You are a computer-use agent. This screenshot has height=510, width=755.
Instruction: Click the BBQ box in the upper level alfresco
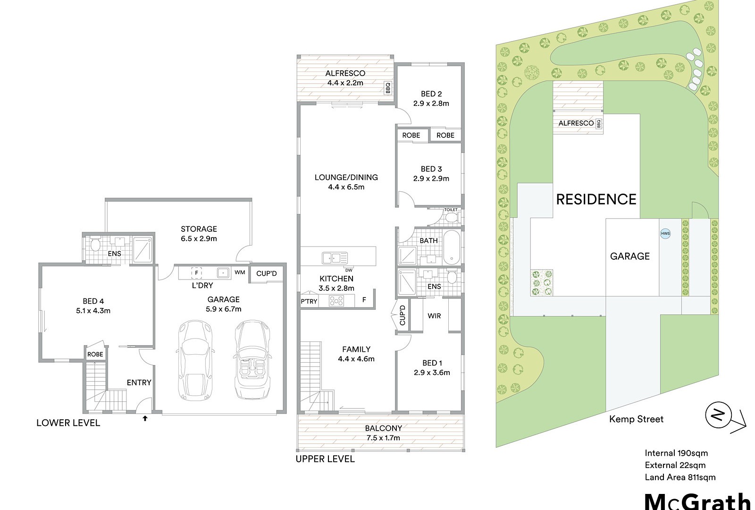[388, 88]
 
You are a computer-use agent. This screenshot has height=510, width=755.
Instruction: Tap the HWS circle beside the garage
[665, 233]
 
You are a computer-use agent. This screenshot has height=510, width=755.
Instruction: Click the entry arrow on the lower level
[145, 418]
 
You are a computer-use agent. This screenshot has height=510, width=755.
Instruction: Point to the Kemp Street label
[637, 419]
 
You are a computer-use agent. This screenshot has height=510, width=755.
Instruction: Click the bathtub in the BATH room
[451, 247]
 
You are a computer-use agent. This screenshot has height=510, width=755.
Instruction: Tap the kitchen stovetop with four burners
[336, 300]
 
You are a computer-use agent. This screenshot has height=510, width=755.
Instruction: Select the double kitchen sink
[335, 258]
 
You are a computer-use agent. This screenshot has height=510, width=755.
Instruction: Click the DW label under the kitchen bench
[349, 270]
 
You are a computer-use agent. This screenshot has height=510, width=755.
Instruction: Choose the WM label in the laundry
[240, 272]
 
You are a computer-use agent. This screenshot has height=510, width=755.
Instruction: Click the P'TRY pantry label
[309, 302]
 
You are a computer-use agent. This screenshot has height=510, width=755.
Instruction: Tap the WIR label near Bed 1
[434, 316]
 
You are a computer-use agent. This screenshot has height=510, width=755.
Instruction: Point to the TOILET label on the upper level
[451, 210]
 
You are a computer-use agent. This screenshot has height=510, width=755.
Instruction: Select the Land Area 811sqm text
[680, 477]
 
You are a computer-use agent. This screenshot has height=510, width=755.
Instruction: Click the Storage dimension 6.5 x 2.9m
[199, 238]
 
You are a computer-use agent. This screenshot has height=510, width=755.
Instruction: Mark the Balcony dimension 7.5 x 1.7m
[383, 438]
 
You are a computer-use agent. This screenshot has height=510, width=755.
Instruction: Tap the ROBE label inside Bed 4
[95, 355]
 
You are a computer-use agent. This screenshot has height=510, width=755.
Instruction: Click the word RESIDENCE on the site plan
[596, 199]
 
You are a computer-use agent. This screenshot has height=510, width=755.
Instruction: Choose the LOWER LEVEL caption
[68, 423]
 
